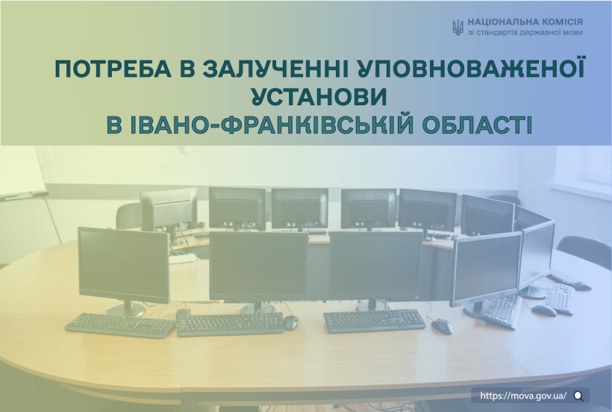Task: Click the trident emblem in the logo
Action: [458, 28]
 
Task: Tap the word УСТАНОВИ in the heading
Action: [319, 97]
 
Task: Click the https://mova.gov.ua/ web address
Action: [523, 396]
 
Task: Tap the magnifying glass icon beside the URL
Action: [579, 396]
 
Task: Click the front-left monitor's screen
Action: [123, 265]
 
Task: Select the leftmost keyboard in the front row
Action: [121, 325]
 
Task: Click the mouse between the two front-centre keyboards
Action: [291, 322]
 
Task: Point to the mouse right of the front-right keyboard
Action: [442, 326]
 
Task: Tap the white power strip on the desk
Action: [182, 258]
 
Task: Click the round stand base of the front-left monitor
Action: [126, 310]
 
